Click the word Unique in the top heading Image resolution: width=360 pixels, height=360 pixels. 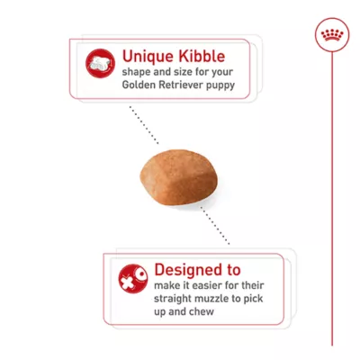(x=144, y=55)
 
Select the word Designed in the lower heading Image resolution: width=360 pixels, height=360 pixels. (x=185, y=269)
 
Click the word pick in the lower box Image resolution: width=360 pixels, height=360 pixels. (x=256, y=300)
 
